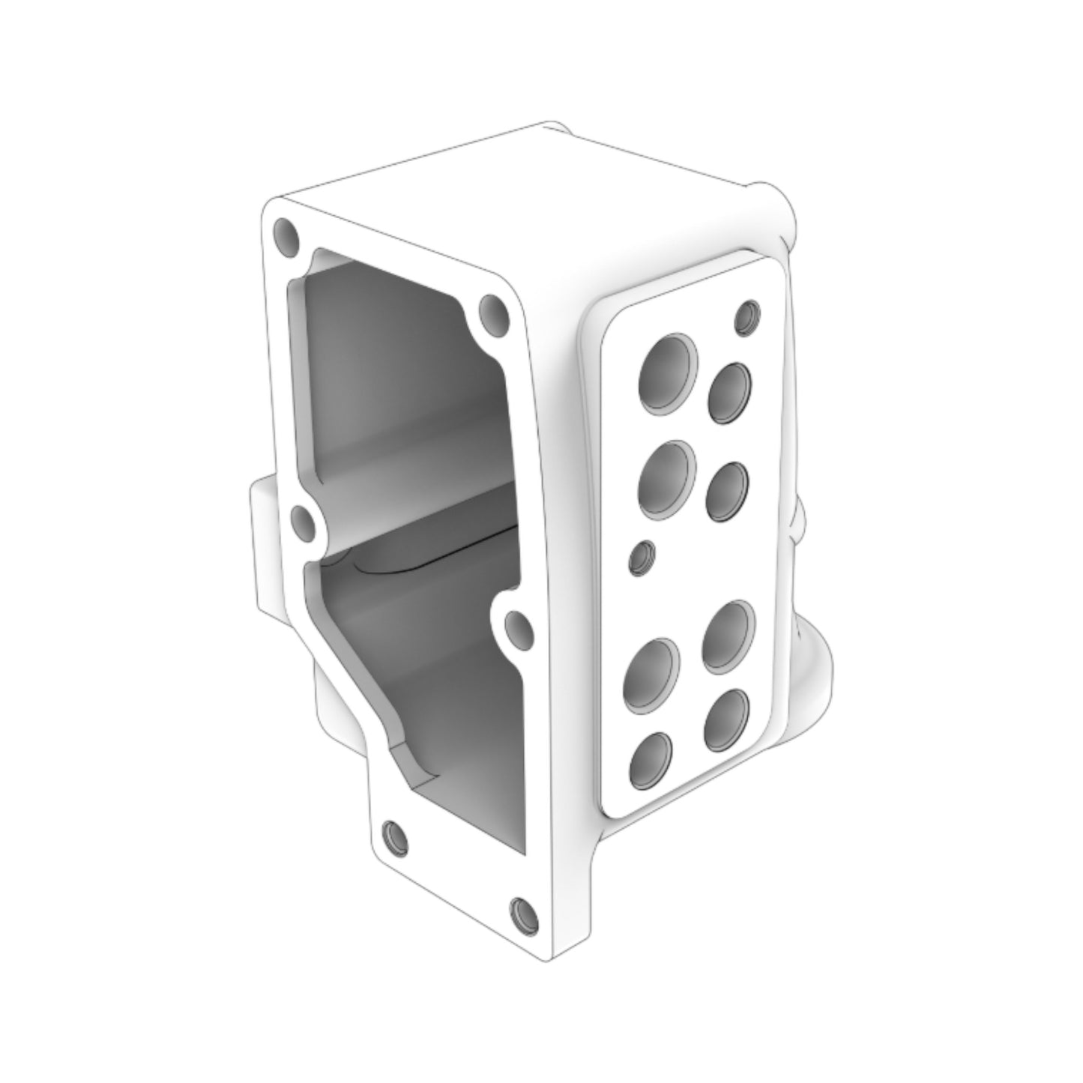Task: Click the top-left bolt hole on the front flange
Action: pos(286,235)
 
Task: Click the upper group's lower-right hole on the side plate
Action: pos(728,491)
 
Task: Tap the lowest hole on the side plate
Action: pos(650,760)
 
